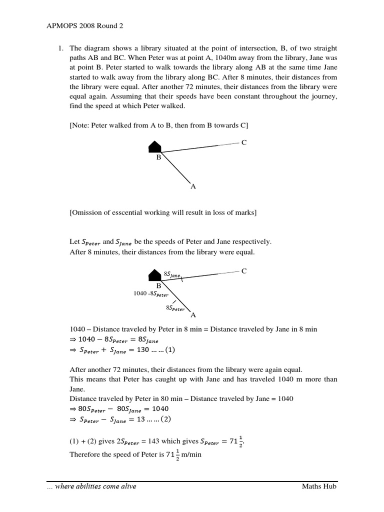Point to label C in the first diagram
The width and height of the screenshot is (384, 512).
coord(244,142)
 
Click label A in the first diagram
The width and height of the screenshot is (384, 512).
coord(193,186)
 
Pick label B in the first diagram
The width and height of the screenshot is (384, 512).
coord(158,157)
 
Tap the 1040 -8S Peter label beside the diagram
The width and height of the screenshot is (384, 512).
coord(151,293)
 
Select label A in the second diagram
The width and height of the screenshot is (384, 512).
coord(193,315)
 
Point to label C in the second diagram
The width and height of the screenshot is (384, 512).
coord(244,271)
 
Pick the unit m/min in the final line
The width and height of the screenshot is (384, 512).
coord(192,454)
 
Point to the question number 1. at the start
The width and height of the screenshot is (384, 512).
coord(60,48)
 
